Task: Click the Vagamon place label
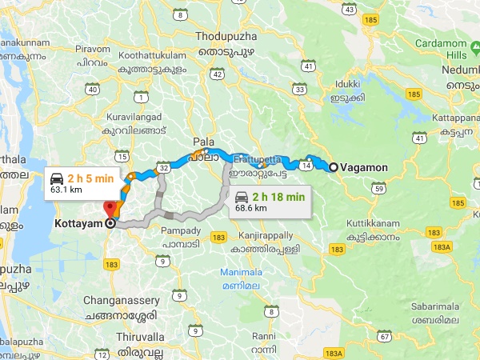pyautogui.click(x=365, y=167)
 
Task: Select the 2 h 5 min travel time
pyautogui.click(x=90, y=178)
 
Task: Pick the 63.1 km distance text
pyautogui.click(x=66, y=190)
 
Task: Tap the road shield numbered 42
pyautogui.click(x=218, y=73)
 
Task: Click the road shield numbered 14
pyautogui.click(x=307, y=166)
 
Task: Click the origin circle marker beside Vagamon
pyautogui.click(x=333, y=167)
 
